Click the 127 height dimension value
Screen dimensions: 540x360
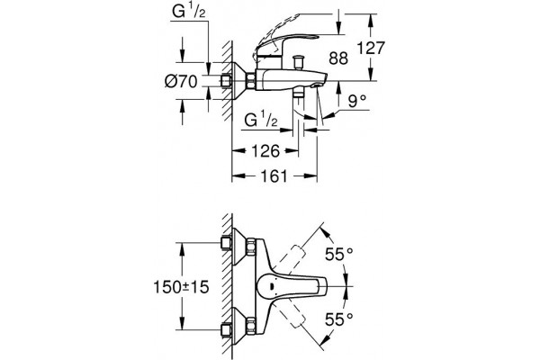click(x=370, y=48)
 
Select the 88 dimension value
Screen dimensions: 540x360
click(x=338, y=58)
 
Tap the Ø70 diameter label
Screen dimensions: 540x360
click(x=181, y=82)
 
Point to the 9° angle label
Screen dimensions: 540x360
click(x=356, y=102)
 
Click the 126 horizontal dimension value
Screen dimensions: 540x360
click(x=265, y=151)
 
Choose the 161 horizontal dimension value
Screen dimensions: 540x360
click(x=274, y=175)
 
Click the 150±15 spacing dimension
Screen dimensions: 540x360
click(x=181, y=286)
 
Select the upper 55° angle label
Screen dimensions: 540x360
click(x=339, y=255)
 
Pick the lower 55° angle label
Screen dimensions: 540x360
click(x=339, y=319)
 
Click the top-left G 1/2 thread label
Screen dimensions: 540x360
click(x=189, y=13)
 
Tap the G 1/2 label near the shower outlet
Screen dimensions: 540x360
click(x=261, y=121)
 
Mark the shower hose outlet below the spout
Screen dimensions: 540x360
click(x=298, y=94)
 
